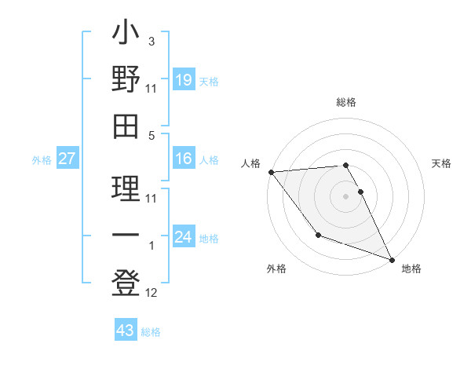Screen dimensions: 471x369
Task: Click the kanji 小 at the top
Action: click(126, 35)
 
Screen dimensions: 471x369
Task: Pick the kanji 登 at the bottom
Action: click(126, 280)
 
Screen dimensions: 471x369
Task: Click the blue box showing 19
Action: click(183, 79)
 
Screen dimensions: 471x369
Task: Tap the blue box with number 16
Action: click(183, 159)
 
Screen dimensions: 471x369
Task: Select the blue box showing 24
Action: click(183, 237)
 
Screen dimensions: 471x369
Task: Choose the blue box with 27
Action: click(68, 159)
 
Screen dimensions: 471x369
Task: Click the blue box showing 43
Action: click(125, 331)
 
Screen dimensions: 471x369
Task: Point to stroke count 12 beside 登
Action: click(152, 294)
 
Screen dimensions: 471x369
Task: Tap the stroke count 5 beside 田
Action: click(152, 135)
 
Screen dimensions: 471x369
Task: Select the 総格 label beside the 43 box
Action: click(151, 332)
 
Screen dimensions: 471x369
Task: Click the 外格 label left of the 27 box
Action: click(42, 160)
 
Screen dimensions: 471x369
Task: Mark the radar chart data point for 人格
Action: click(271, 171)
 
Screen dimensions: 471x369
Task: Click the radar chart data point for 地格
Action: click(392, 259)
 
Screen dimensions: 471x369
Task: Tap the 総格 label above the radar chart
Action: click(346, 102)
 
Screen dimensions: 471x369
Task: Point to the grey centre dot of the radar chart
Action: click(346, 196)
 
